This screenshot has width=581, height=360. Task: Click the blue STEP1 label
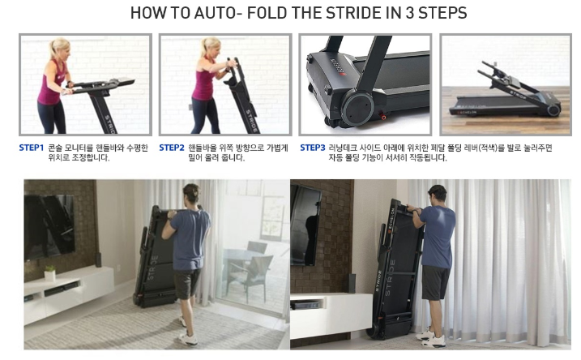click(x=32, y=148)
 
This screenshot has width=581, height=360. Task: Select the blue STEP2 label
click(x=172, y=148)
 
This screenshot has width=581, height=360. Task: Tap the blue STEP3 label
click(x=312, y=148)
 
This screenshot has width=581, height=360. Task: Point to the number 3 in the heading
click(x=409, y=13)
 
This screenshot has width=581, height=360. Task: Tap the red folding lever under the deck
click(x=383, y=117)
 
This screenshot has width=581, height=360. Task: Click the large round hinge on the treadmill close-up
click(x=357, y=108)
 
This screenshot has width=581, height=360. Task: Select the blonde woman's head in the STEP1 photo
click(x=60, y=49)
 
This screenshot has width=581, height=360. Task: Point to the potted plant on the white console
click(x=50, y=273)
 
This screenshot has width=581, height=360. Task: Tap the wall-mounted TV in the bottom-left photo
click(x=49, y=226)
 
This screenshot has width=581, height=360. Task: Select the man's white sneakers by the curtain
click(x=430, y=338)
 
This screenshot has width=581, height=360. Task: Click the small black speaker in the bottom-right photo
click(x=352, y=283)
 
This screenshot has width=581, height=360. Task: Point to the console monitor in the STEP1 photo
click(x=122, y=81)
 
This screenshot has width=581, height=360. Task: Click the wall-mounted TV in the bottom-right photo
click(x=305, y=225)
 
